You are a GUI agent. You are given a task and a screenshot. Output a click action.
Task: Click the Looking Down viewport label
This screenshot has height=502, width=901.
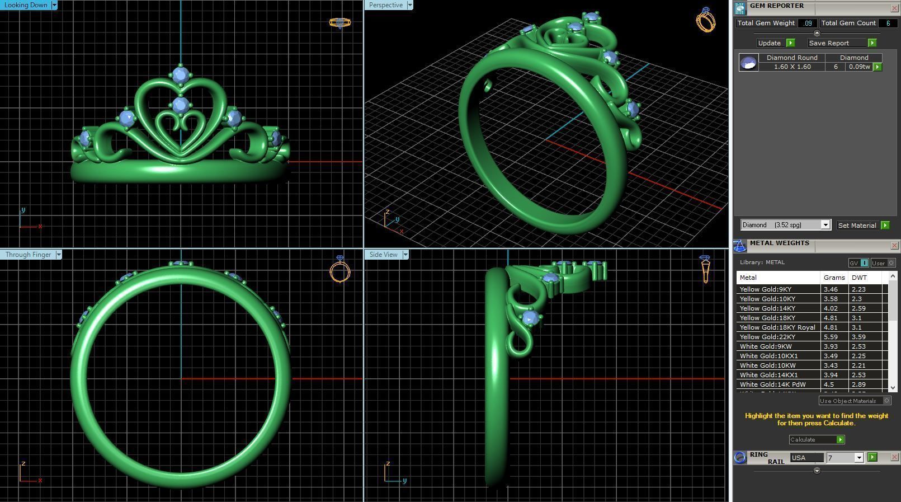pyautogui.click(x=26, y=5)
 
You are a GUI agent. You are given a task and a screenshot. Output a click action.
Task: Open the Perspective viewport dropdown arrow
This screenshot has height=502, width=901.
pyautogui.click(x=410, y=5)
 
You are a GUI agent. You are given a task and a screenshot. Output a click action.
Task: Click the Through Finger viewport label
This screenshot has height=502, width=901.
pyautogui.click(x=28, y=255)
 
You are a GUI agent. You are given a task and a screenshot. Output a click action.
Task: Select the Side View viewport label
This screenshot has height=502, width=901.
pyautogui.click(x=383, y=255)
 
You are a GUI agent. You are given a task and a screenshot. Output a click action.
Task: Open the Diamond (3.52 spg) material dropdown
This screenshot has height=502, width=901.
pyautogui.click(x=825, y=225)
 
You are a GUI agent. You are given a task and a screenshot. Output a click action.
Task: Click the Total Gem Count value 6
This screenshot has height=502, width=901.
pyautogui.click(x=888, y=23)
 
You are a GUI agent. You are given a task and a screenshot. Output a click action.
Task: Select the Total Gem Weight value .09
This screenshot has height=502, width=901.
pyautogui.click(x=807, y=23)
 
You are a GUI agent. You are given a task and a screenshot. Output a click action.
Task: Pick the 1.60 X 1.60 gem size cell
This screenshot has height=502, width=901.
pyautogui.click(x=792, y=67)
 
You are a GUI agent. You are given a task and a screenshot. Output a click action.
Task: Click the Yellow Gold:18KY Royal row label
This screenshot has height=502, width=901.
pyautogui.click(x=777, y=327)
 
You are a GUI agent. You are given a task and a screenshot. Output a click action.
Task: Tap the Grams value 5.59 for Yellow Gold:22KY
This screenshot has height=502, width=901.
pyautogui.click(x=831, y=337)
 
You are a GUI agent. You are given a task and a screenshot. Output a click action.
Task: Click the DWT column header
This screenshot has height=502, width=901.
pyautogui.click(x=859, y=278)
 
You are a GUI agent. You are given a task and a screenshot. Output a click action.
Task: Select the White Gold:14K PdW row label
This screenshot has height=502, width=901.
pyautogui.click(x=772, y=384)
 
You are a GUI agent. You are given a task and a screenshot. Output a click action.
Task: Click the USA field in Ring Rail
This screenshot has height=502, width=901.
pyautogui.click(x=806, y=458)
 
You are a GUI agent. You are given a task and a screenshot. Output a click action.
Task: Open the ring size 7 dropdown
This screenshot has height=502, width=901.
pyautogui.click(x=858, y=458)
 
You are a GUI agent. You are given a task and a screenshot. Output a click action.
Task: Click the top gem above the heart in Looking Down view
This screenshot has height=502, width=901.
pyautogui.click(x=180, y=74)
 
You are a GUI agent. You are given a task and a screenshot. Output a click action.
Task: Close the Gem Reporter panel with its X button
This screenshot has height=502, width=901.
pyautogui.click(x=894, y=8)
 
